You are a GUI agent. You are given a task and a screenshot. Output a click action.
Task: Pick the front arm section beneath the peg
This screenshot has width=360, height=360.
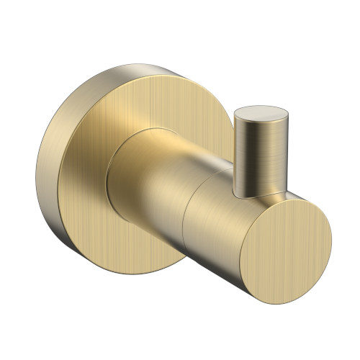tap(216, 216)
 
